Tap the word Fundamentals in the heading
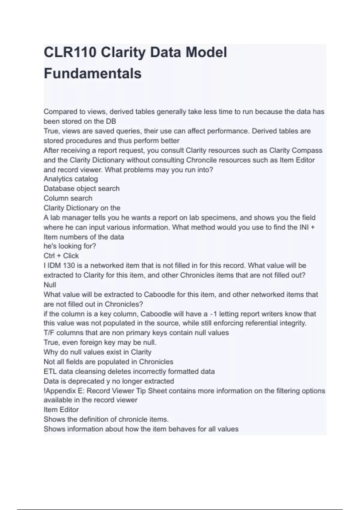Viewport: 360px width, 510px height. point(92,73)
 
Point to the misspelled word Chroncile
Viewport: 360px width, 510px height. point(201,160)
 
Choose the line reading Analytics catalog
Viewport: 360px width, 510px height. point(70,179)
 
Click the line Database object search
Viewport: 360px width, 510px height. point(81,188)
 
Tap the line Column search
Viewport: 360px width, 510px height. point(68,198)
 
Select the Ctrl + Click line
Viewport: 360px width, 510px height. point(61,256)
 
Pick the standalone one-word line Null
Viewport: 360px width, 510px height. point(50,285)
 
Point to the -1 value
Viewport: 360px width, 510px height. point(213,314)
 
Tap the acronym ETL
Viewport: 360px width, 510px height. point(50,371)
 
